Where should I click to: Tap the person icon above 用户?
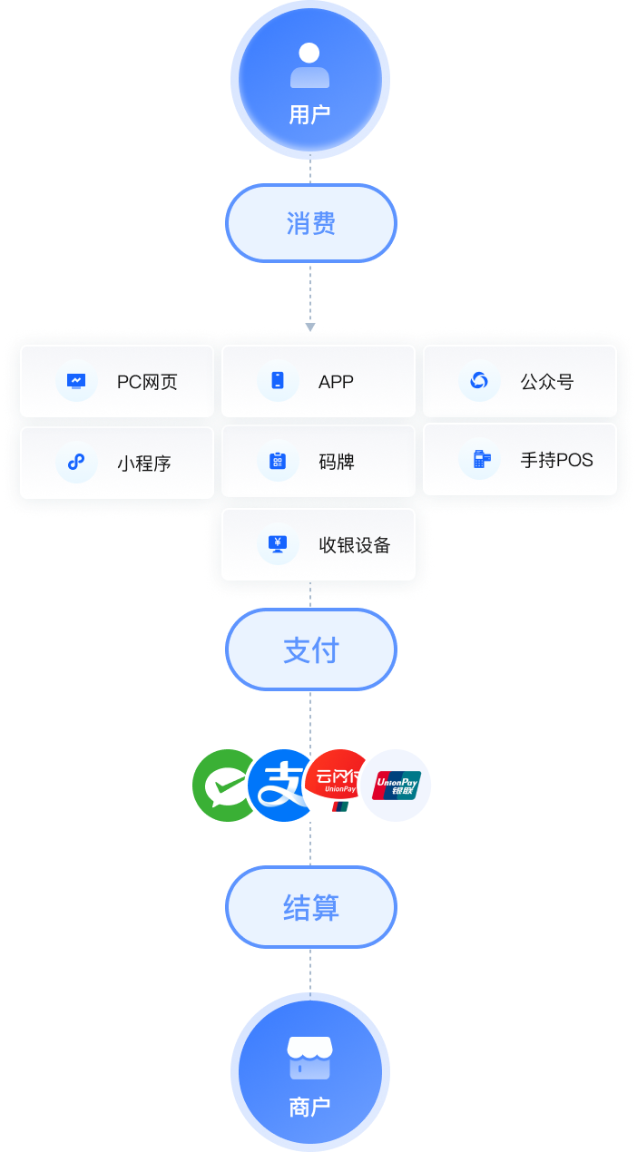pyautogui.click(x=310, y=65)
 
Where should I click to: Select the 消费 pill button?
pyautogui.click(x=310, y=223)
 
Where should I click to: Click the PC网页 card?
pyautogui.click(x=117, y=381)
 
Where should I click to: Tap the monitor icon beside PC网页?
pyautogui.click(x=76, y=381)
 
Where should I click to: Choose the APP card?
pyautogui.click(x=318, y=381)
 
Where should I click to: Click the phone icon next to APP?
pyautogui.click(x=278, y=381)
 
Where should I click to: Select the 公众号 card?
pyautogui.click(x=520, y=381)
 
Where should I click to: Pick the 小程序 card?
pyautogui.click(x=117, y=463)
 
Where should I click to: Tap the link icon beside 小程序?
pyautogui.click(x=76, y=463)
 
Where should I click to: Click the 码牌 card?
pyautogui.click(x=318, y=462)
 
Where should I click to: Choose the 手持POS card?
pyautogui.click(x=520, y=460)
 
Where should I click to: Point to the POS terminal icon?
pyautogui.click(x=480, y=460)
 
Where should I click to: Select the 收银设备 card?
pyautogui.click(x=318, y=544)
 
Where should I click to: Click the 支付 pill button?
pyautogui.click(x=310, y=649)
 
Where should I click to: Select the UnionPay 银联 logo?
pyautogui.click(x=397, y=786)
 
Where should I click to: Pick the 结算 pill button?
pyautogui.click(x=310, y=907)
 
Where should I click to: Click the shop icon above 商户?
pyautogui.click(x=310, y=1058)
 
